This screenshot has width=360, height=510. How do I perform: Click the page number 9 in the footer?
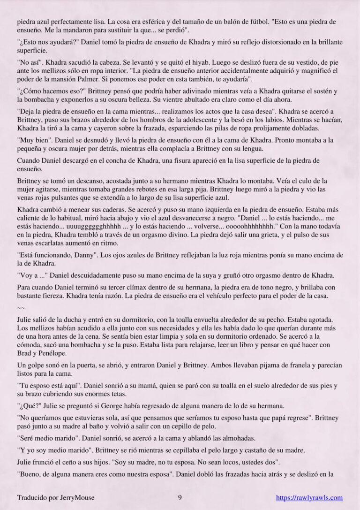click(x=180, y=498)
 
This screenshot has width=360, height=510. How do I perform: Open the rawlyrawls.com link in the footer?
click(x=309, y=498)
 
